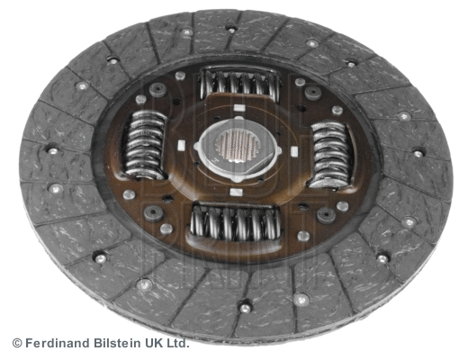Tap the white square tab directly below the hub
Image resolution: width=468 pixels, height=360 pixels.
(236, 191)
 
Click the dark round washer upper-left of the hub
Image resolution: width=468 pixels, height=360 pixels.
(157, 89)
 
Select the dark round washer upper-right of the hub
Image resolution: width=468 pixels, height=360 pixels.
(312, 92)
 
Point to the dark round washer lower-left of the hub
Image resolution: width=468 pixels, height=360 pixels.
(152, 212)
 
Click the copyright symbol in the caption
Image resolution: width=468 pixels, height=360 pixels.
(16, 343)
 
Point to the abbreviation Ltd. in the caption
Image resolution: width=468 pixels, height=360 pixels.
(176, 343)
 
